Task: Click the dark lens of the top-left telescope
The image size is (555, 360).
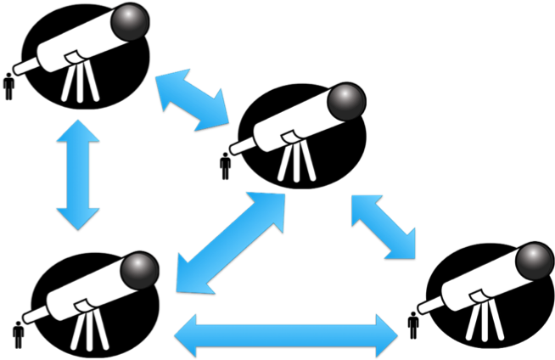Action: pyautogui.click(x=132, y=20)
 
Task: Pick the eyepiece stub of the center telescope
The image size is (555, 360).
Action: pyautogui.click(x=241, y=146)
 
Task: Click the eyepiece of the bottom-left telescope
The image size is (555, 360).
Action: pyautogui.click(x=34, y=315)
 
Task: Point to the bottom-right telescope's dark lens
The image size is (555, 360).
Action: pyautogui.click(x=535, y=261)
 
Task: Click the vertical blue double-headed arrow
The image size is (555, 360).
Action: pyautogui.click(x=77, y=174)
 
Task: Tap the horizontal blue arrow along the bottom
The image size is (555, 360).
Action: pyautogui.click(x=285, y=334)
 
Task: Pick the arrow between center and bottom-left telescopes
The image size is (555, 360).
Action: pyautogui.click(x=231, y=242)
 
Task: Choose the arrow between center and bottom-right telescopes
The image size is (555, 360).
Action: pyautogui.click(x=384, y=225)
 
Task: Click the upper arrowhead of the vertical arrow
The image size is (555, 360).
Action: pyautogui.click(x=77, y=130)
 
